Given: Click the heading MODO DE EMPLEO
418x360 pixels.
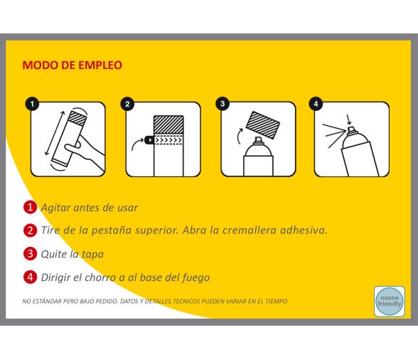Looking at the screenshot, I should (x=73, y=65).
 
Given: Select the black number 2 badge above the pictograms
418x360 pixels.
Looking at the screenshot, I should (x=127, y=104).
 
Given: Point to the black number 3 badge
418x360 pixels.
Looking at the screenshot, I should (x=223, y=104).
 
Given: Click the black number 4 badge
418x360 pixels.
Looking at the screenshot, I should (x=317, y=104).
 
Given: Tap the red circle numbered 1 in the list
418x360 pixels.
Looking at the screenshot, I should (x=31, y=208).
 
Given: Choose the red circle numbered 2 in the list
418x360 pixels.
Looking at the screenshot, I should (x=31, y=231).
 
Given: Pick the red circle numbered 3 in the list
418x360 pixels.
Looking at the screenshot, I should (x=31, y=253).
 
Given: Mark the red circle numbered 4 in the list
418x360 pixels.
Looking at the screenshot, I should (x=31, y=276).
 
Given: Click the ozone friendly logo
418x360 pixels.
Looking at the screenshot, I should (x=389, y=300).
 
